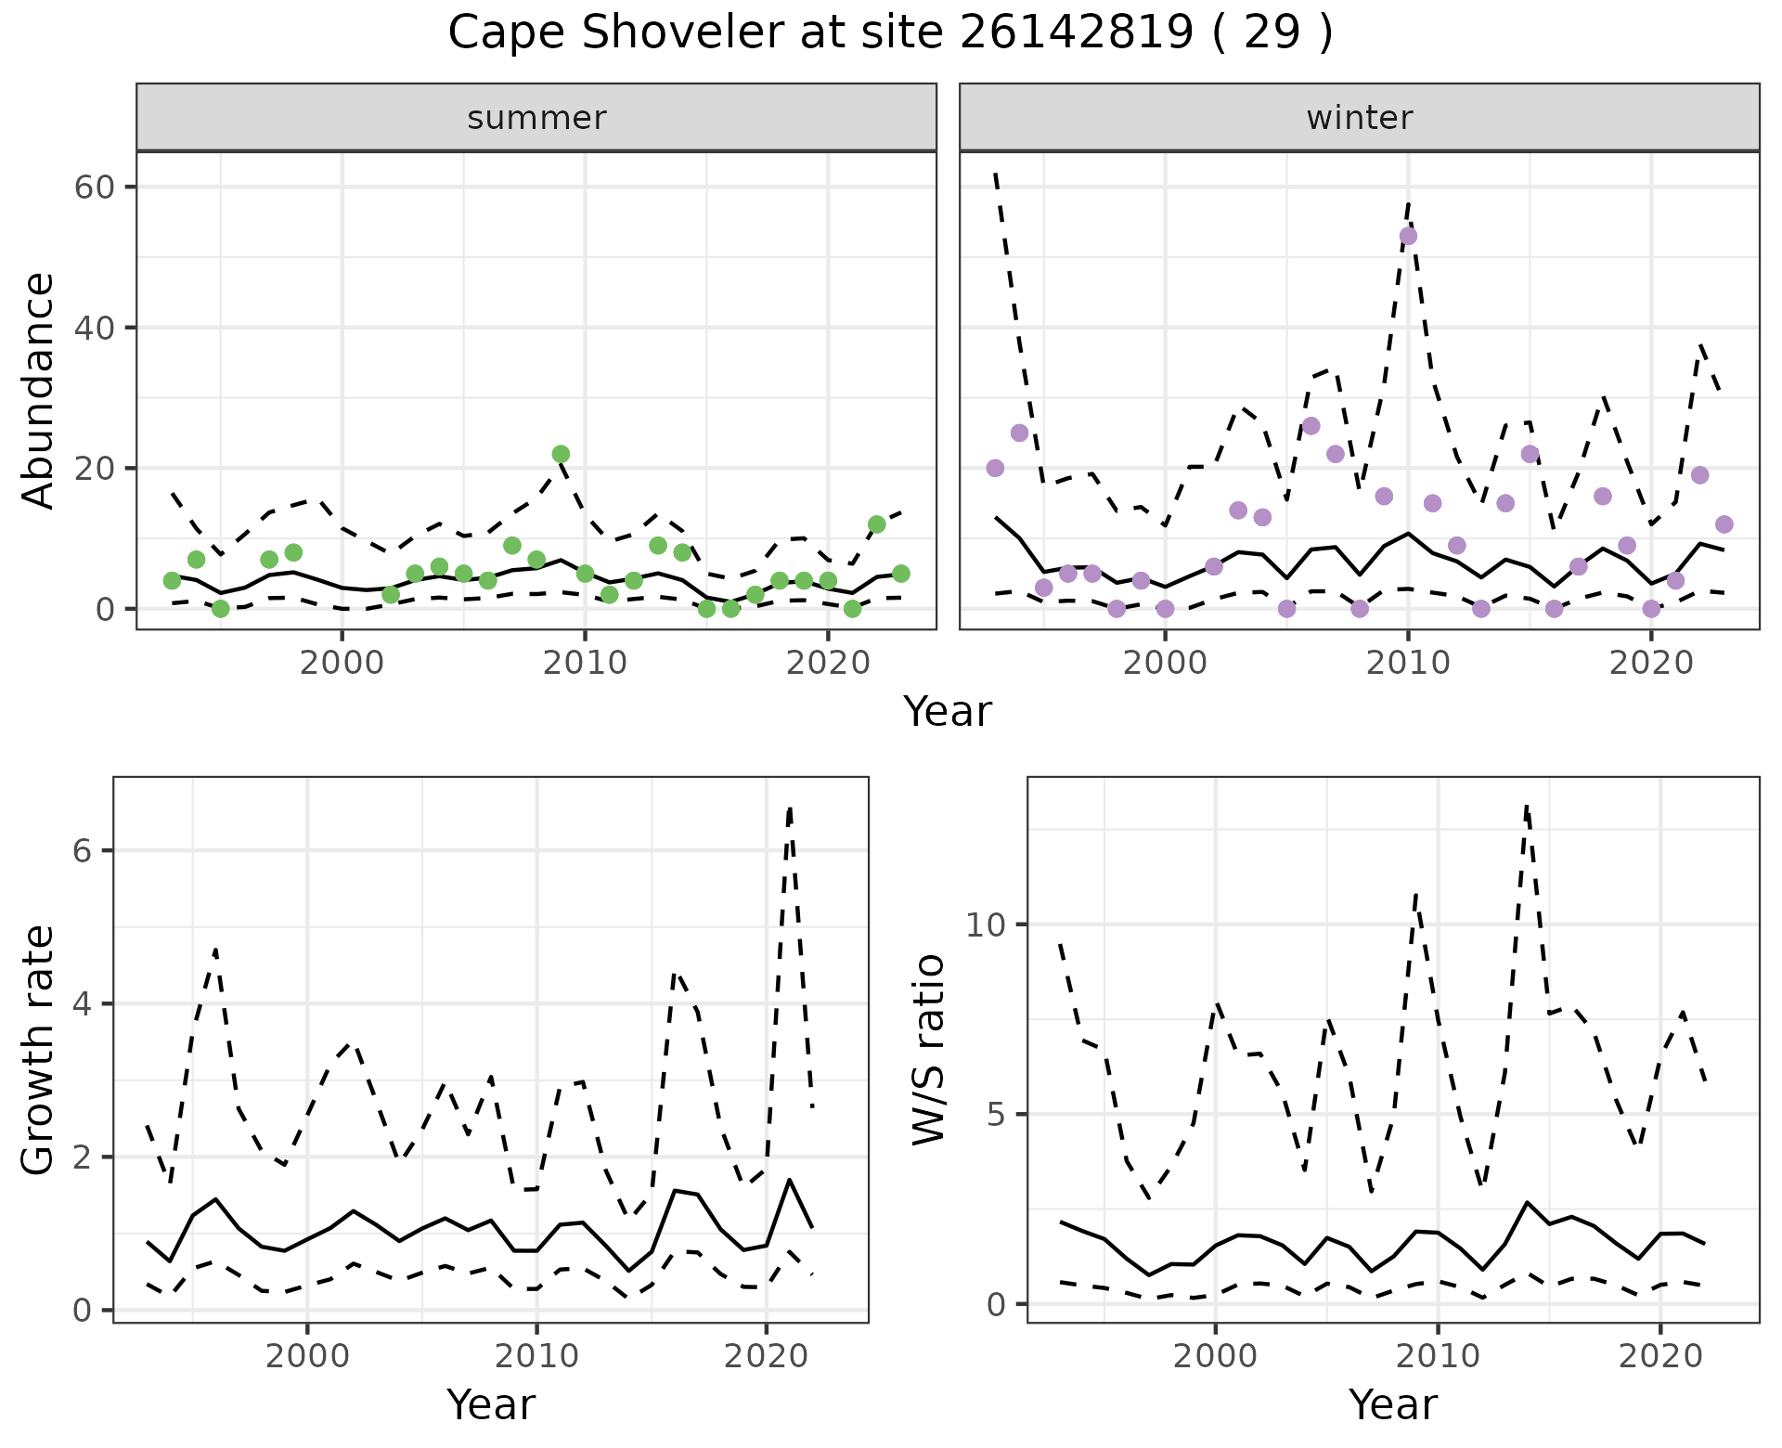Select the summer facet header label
(x=536, y=118)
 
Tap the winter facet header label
(x=1359, y=118)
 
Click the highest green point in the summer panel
(x=561, y=454)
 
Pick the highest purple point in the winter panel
(x=1408, y=236)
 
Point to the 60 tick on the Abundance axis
(x=93, y=187)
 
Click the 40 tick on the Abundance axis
(x=93, y=328)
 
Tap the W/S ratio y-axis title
(x=928, y=1050)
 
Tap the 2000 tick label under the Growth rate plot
(x=307, y=1356)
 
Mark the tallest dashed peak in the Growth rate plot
(x=790, y=808)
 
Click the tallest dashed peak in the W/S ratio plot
(x=1527, y=806)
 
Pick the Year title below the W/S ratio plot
(x=1392, y=1404)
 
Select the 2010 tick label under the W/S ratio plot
(x=1438, y=1356)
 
